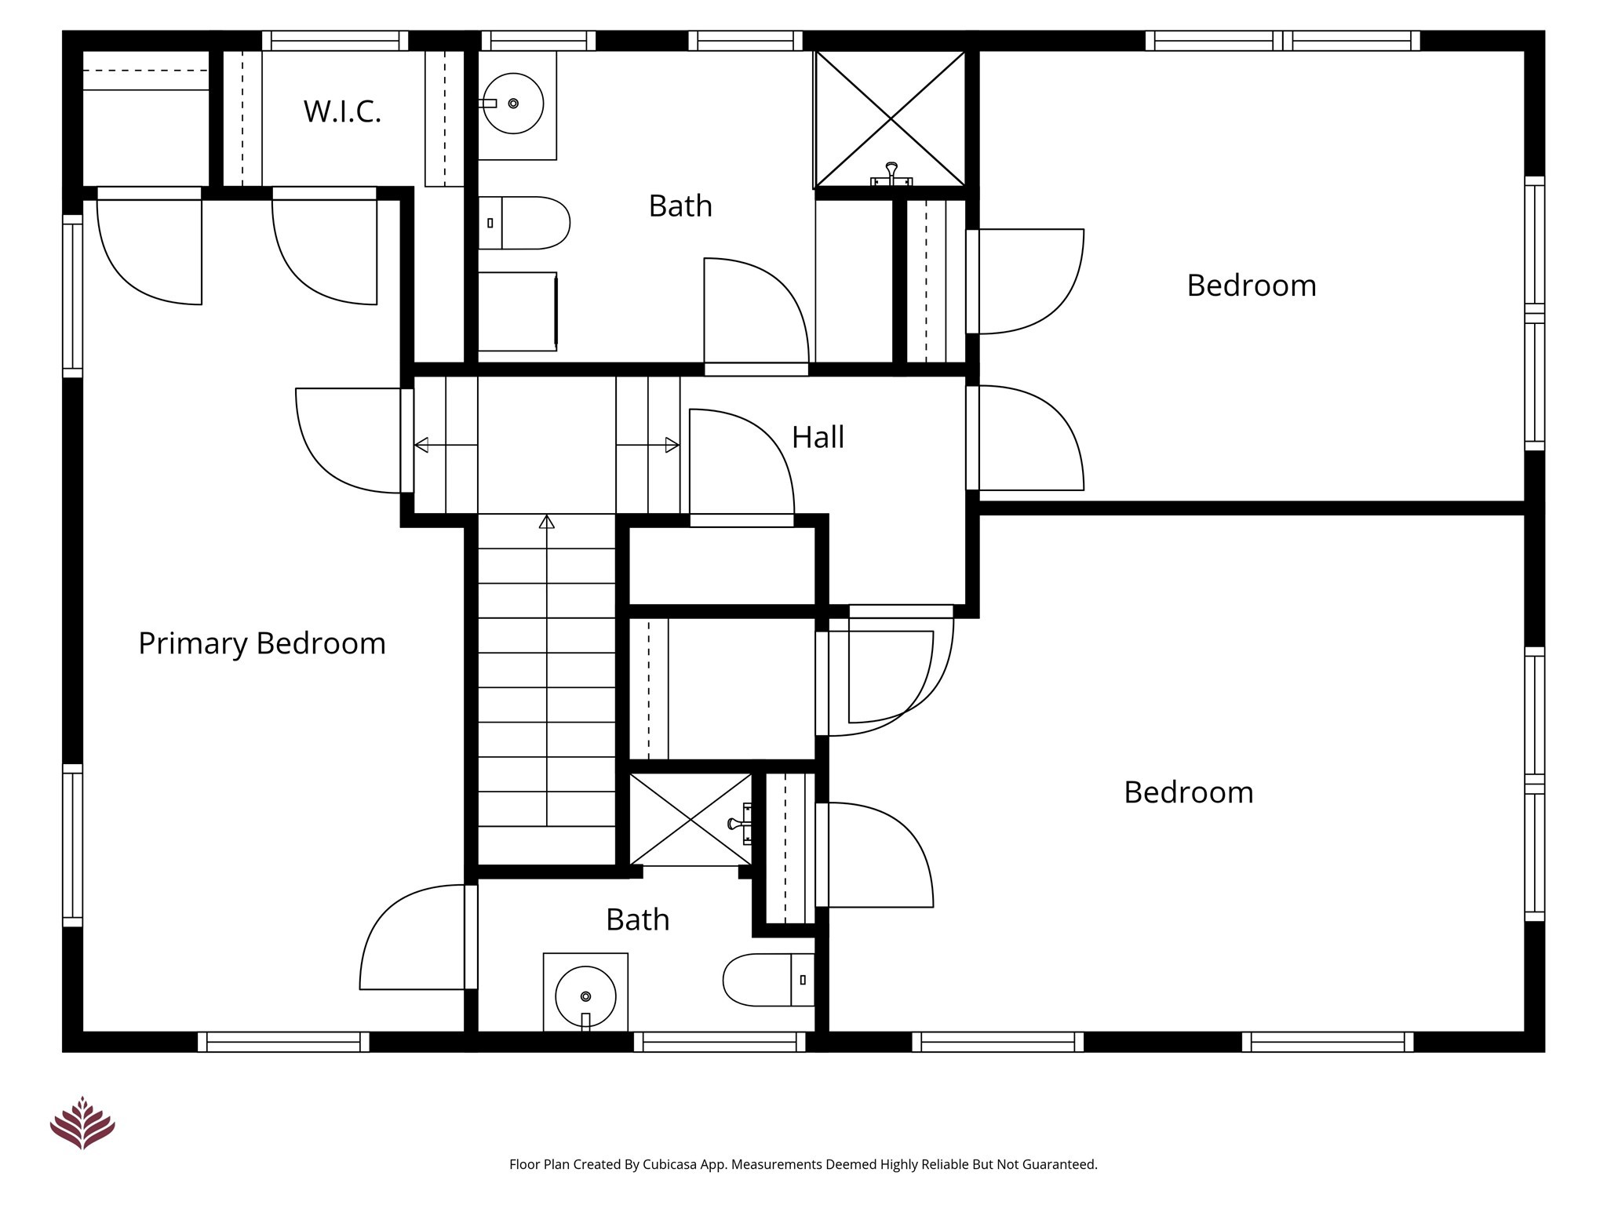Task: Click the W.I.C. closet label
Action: (x=342, y=112)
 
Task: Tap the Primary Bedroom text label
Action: (x=262, y=643)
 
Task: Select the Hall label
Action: (x=818, y=437)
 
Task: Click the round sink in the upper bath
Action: (x=513, y=104)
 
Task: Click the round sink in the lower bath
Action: (x=585, y=996)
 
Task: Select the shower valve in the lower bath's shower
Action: (x=738, y=823)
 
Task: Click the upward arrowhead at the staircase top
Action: (x=547, y=522)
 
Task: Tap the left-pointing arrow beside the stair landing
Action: (x=422, y=445)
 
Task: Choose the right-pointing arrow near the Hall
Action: (x=671, y=445)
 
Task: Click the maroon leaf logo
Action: (x=82, y=1123)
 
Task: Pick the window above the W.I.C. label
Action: (x=335, y=41)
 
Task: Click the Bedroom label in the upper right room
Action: (x=1251, y=286)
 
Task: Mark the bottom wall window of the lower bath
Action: (x=720, y=1042)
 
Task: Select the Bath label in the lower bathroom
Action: (x=637, y=919)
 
